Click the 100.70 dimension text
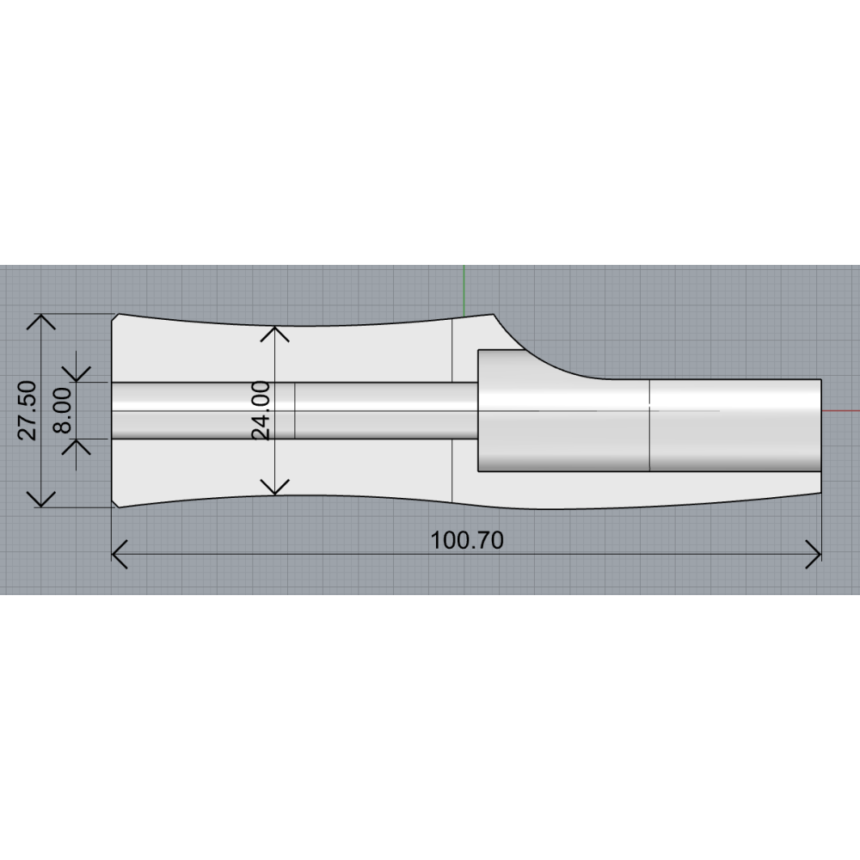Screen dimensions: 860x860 (467, 540)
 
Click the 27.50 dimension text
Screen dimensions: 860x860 (28, 410)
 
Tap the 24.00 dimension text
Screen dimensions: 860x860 (261, 410)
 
